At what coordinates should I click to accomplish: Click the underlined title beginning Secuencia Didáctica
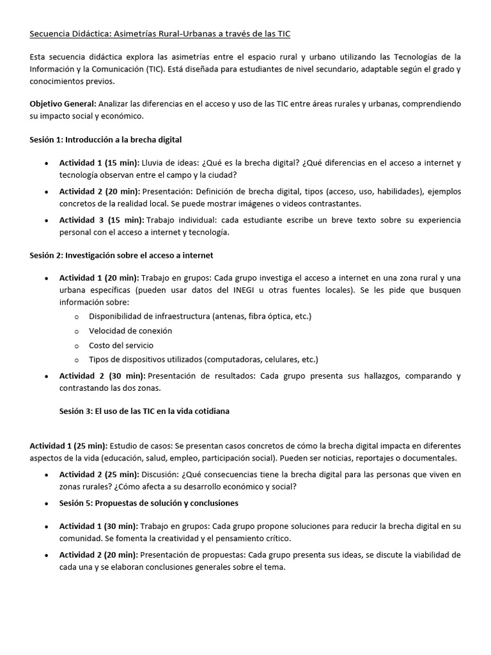tap(160, 33)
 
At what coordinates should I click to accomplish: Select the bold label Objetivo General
tap(63, 104)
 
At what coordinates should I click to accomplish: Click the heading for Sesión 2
tap(121, 255)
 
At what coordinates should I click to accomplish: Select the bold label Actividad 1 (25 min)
tap(69, 445)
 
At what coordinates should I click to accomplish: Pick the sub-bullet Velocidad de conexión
tap(130, 331)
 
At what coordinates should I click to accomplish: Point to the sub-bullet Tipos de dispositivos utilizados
tap(203, 359)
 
